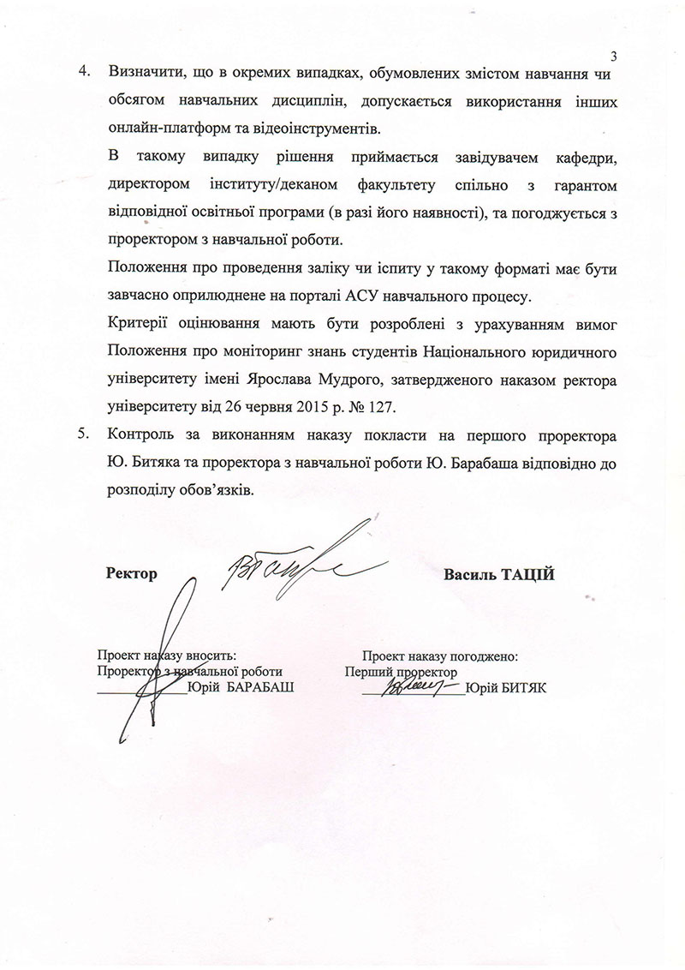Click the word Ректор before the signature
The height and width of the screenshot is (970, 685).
[x=133, y=573]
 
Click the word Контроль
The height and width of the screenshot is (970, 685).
[x=142, y=434]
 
